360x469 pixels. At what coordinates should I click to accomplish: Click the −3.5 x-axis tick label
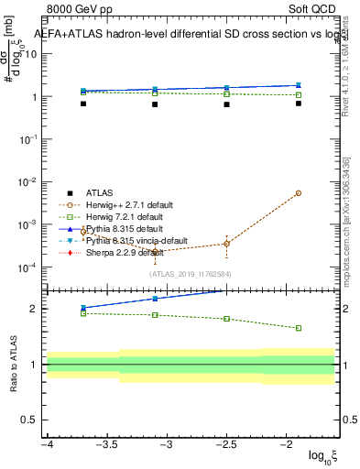(x=107, y=444)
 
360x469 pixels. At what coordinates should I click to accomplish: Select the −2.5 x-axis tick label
(x=226, y=444)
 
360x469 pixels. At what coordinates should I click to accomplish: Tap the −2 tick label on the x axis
(x=287, y=444)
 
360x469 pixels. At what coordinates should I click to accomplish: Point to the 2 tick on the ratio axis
(x=35, y=309)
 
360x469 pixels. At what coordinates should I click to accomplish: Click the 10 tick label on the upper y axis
(x=31, y=53)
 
